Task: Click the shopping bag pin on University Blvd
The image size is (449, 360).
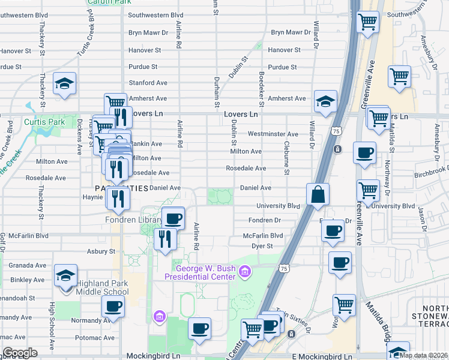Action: [x=318, y=195]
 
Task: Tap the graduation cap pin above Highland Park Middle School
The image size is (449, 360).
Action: [x=65, y=275]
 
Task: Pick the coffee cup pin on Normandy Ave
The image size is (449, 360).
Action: [x=113, y=307]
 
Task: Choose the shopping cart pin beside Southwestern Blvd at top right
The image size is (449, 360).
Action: [x=367, y=23]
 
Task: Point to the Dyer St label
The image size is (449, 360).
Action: [x=262, y=246]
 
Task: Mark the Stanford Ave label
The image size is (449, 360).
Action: [x=148, y=83]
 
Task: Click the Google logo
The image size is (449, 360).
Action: [x=20, y=353]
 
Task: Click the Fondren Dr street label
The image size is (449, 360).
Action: [x=265, y=220]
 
